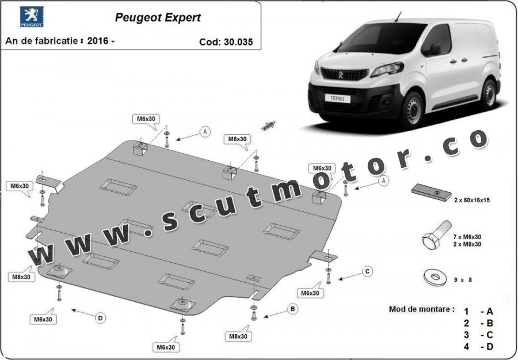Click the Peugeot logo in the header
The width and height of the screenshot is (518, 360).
pyautogui.click(x=32, y=17)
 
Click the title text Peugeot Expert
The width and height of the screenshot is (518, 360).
pyautogui.click(x=158, y=17)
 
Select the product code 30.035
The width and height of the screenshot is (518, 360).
pyautogui.click(x=238, y=42)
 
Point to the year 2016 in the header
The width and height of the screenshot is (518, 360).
pyautogui.click(x=98, y=41)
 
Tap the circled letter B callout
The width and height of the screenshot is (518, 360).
pyautogui.click(x=292, y=309)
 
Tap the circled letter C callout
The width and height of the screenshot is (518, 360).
pyautogui.click(x=367, y=272)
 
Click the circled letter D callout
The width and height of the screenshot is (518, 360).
pyautogui.click(x=100, y=319)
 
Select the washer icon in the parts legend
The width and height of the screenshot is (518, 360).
pyautogui.click(x=435, y=277)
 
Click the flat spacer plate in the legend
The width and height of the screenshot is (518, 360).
pyautogui.click(x=432, y=192)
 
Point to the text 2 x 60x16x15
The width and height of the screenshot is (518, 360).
pyautogui.click(x=472, y=200)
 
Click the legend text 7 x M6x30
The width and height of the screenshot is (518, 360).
pyautogui.click(x=467, y=237)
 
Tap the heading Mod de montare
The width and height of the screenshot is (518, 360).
pyautogui.click(x=421, y=309)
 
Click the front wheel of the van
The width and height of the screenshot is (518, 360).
pyautogui.click(x=412, y=111)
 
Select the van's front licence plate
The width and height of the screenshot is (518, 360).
pyautogui.click(x=337, y=98)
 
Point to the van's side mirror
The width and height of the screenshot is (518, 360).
pyautogui.click(x=434, y=50)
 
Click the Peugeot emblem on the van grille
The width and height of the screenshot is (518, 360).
pyautogui.click(x=341, y=75)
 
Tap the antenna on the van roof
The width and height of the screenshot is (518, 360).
pyautogui.click(x=398, y=17)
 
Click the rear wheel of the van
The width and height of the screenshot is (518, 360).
pyautogui.click(x=489, y=94)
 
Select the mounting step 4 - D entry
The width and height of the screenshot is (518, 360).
pyautogui.click(x=478, y=347)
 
